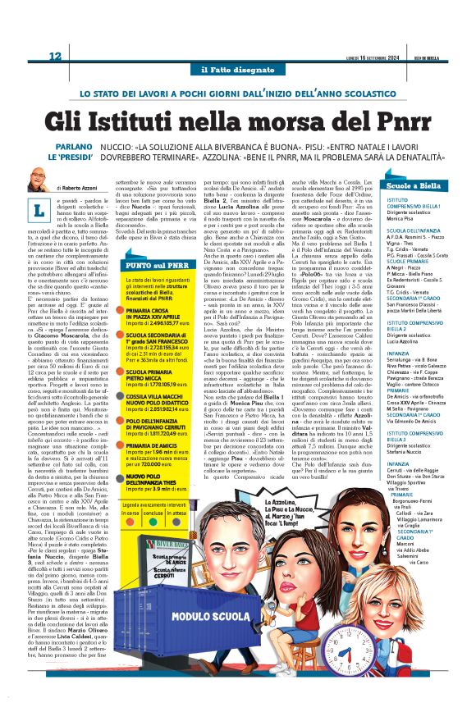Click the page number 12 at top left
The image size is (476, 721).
point(56,56)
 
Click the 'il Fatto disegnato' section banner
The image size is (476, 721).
point(237,71)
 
